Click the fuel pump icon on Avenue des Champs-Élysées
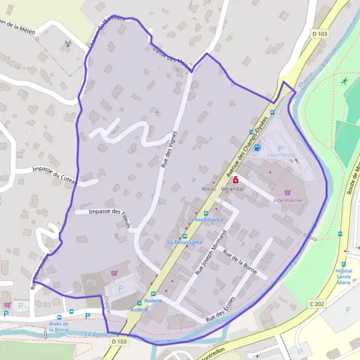tap(257, 147)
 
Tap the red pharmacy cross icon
tap(236, 179)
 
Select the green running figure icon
tap(345, 81)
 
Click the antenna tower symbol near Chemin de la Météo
tap(68, 43)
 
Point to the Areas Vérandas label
tap(224, 189)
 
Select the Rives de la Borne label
tap(59, 327)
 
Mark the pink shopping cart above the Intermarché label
tap(287, 193)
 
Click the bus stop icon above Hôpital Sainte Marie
tap(344, 264)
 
